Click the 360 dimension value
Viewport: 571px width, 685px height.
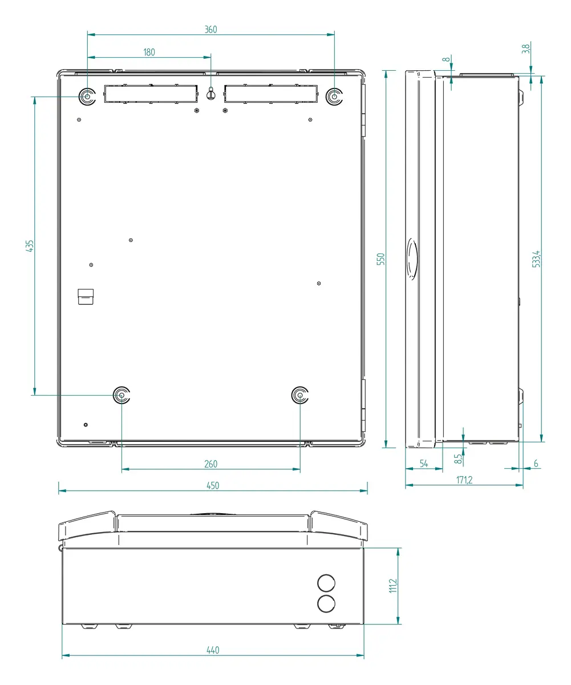click(210, 30)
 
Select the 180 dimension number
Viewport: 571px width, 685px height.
click(149, 52)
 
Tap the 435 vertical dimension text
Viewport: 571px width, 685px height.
click(30, 245)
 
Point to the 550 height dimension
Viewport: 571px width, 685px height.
click(380, 259)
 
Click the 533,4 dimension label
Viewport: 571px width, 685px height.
click(536, 259)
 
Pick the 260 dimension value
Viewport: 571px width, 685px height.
click(210, 464)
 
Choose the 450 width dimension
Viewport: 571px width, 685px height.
click(213, 486)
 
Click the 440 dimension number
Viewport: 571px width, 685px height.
click(213, 650)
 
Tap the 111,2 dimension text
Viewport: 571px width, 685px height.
click(393, 586)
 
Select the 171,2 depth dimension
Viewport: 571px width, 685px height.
click(464, 480)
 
